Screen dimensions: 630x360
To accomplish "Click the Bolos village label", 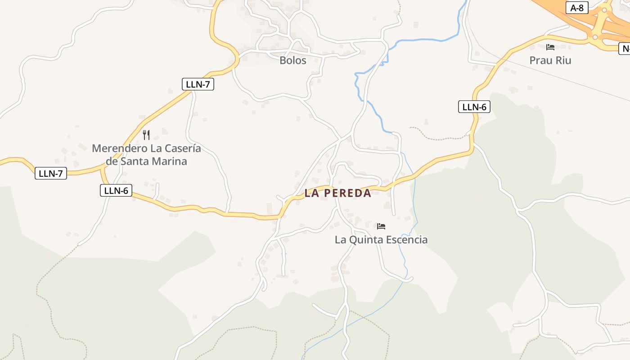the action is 293,60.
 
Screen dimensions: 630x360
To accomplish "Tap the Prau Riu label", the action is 550,60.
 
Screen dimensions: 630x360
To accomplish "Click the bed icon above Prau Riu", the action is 550,47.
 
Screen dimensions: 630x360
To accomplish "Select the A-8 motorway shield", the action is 577,8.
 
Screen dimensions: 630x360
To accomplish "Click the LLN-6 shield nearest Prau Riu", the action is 474,107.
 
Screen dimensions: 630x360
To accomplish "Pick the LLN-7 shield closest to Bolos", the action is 198,84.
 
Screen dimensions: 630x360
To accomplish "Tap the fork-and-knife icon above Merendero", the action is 146,135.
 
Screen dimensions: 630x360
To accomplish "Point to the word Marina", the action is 169,161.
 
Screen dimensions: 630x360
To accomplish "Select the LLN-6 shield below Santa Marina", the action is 116,190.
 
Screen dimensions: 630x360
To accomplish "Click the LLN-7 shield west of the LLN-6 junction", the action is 51,173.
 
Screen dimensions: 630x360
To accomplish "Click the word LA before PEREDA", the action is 312,193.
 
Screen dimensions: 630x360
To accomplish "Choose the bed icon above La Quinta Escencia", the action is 381,226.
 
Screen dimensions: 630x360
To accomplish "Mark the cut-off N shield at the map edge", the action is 625,49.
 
